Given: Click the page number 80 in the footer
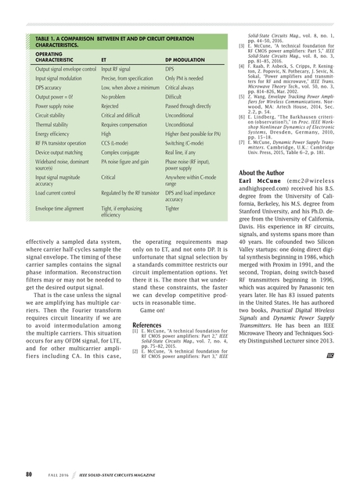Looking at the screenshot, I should coord(28,474).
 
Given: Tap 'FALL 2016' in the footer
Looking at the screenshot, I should coord(58,474).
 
